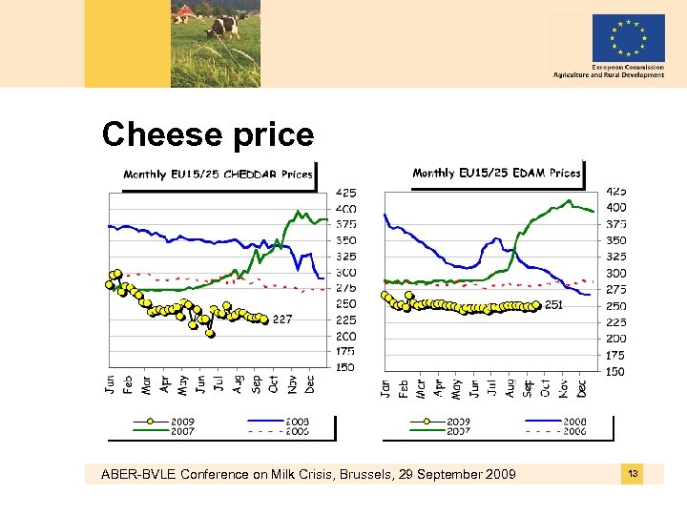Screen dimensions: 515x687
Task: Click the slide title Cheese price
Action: [207, 134]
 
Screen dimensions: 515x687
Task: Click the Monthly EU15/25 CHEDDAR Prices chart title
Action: [218, 174]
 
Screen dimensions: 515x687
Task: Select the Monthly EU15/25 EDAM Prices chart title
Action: [496, 173]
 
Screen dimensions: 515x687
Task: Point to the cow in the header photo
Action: [225, 24]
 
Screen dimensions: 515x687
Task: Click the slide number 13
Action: [632, 473]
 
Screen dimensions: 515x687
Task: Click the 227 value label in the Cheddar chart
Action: [282, 319]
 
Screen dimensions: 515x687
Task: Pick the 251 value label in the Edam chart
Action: [554, 305]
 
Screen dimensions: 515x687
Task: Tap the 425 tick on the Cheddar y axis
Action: [344, 192]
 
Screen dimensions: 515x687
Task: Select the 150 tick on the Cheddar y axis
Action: [344, 367]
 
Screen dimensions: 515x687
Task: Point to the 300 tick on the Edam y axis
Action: [616, 273]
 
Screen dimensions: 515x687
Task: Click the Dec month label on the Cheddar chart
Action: [310, 383]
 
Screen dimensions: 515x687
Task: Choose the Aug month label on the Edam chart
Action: [510, 387]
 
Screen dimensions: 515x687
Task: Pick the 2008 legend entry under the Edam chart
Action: [574, 421]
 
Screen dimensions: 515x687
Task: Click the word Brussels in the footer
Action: [387, 475]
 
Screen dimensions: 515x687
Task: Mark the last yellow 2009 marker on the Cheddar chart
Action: [264, 320]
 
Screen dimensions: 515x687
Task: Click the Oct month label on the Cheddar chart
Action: [275, 383]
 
